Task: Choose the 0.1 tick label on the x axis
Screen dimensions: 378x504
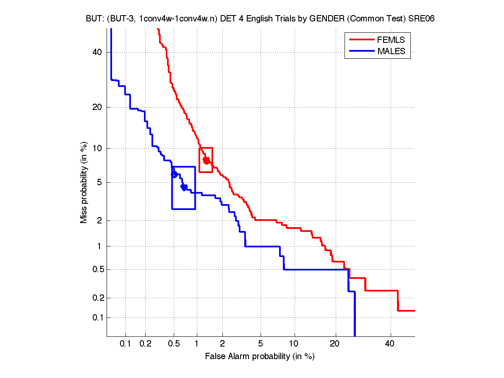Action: (125, 344)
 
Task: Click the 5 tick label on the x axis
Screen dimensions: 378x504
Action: (261, 344)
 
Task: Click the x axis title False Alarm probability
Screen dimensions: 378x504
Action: (260, 357)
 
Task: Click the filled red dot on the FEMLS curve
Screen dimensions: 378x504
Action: (206, 160)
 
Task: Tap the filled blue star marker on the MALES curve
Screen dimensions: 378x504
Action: (184, 187)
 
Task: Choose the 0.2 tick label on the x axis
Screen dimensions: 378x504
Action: (145, 344)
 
